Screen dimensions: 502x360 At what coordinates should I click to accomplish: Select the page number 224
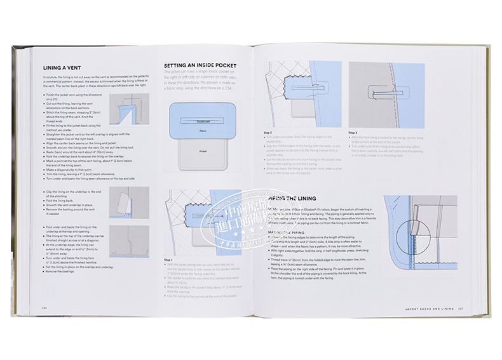[x=45, y=308]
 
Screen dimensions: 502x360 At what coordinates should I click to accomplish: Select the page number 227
[x=453, y=309]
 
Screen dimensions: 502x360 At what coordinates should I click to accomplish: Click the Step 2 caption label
[x=268, y=132]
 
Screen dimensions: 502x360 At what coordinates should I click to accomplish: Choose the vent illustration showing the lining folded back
[x=129, y=202]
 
